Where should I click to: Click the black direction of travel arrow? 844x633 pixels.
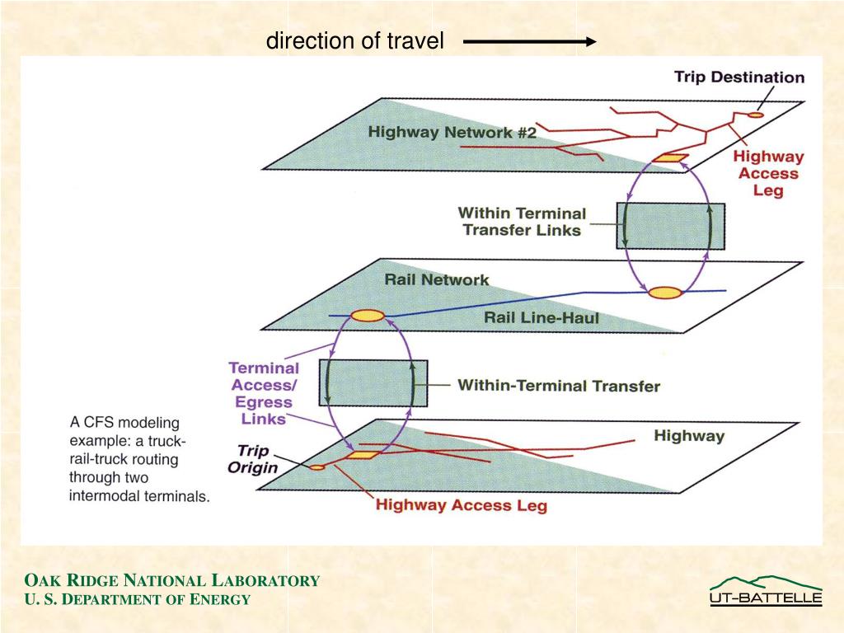[529, 41]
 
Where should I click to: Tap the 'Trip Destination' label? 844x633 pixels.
[738, 77]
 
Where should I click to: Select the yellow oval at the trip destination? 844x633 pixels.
[755, 115]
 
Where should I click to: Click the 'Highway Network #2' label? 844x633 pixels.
[452, 132]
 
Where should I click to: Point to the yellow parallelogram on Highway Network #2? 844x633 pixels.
[670, 158]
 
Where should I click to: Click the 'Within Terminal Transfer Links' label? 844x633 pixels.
[522, 222]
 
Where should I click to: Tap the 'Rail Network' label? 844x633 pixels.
[436, 280]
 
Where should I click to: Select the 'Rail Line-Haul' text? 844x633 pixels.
[541, 317]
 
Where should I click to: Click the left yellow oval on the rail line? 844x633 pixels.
[368, 315]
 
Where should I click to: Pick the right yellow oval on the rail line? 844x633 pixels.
[663, 292]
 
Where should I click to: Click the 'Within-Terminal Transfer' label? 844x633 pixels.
[558, 385]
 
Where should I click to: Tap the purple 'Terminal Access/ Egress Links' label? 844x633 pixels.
[263, 393]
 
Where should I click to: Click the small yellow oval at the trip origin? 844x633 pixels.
[316, 467]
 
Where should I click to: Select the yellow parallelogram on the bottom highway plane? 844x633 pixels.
[360, 454]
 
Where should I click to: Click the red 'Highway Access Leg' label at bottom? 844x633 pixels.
[461, 504]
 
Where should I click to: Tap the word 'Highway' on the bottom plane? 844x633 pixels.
[688, 435]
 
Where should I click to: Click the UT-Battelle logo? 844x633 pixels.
[766, 591]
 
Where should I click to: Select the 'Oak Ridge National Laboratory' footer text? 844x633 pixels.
[171, 580]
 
